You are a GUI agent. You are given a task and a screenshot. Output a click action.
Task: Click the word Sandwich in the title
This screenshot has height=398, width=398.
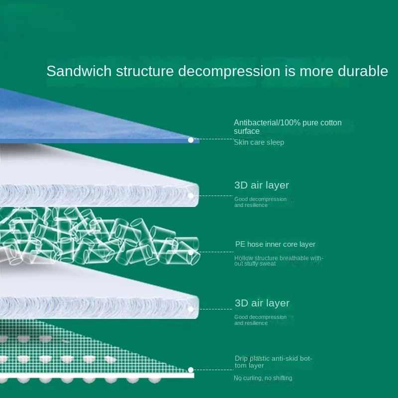click(x=79, y=71)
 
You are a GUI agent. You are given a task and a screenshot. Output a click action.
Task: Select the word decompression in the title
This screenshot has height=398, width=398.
click(x=229, y=71)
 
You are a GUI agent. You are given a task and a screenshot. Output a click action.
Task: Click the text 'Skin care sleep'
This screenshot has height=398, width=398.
click(x=259, y=142)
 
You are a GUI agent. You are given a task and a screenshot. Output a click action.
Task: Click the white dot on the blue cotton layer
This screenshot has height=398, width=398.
click(x=191, y=140)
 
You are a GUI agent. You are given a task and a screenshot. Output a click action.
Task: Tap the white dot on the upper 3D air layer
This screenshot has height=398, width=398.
click(x=191, y=196)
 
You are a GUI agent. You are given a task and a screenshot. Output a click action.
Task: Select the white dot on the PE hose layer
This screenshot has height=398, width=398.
click(x=191, y=253)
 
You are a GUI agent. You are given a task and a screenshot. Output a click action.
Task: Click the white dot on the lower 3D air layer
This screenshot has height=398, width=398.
click(x=191, y=309)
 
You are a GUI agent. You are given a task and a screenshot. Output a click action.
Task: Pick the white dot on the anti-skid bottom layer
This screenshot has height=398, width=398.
click(x=191, y=370)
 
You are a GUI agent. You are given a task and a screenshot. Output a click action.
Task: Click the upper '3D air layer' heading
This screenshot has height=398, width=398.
click(x=262, y=185)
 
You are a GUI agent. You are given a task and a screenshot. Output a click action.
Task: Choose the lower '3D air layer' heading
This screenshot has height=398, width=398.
click(x=262, y=303)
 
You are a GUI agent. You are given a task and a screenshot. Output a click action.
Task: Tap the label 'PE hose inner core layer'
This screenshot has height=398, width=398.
click(x=275, y=244)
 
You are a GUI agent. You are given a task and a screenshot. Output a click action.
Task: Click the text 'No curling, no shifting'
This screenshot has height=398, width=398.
click(x=263, y=378)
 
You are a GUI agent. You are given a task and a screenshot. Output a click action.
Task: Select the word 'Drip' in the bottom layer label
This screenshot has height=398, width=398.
click(x=241, y=359)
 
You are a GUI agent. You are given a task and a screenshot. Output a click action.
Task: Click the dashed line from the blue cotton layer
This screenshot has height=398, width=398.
click(x=214, y=139)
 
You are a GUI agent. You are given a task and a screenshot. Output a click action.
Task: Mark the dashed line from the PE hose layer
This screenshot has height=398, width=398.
click(x=214, y=252)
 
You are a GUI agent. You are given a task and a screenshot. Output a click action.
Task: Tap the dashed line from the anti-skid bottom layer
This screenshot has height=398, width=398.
click(x=214, y=370)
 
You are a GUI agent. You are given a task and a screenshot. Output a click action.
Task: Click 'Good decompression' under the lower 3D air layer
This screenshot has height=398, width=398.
click(x=260, y=317)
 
